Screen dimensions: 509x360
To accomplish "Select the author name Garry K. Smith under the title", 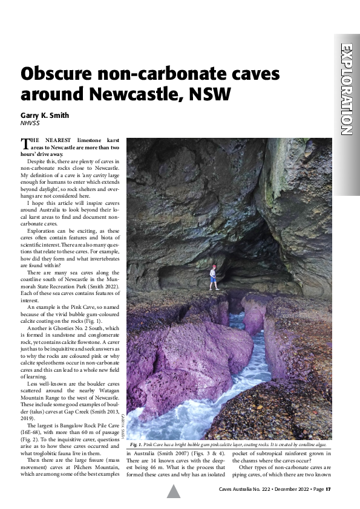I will (x=46, y=115).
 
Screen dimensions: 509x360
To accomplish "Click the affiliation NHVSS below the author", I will (x=29, y=123).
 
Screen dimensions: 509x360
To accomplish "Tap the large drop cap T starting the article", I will (x=25, y=144).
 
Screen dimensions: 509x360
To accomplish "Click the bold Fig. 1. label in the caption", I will (x=136, y=444).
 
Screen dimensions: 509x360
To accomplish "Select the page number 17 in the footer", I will (x=328, y=489).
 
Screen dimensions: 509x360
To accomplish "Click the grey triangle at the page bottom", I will (x=174, y=491).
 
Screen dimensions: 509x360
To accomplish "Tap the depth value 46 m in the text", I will (x=155, y=467).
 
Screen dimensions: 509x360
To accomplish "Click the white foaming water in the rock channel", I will (x=200, y=411).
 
